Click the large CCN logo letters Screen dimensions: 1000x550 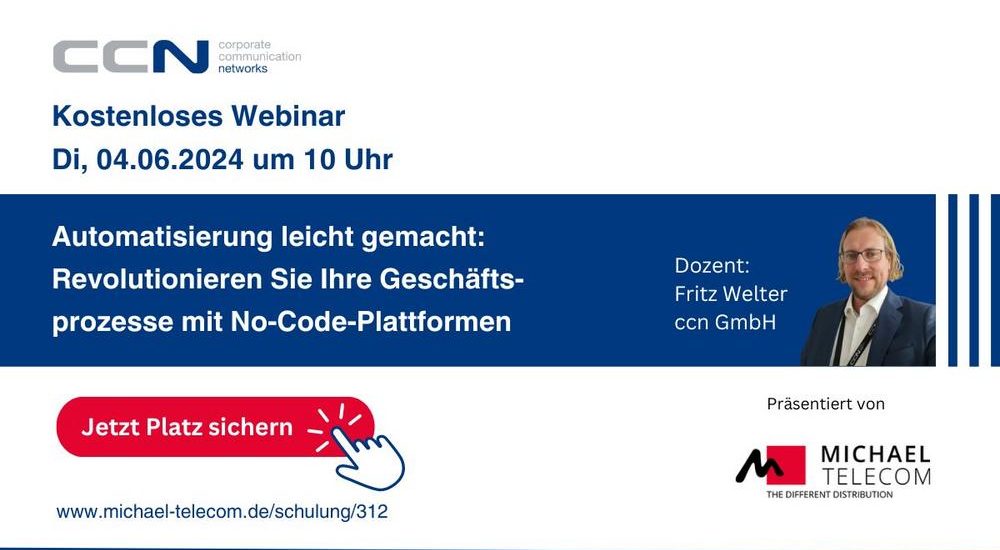click(131, 57)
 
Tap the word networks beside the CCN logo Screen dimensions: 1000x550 click(242, 68)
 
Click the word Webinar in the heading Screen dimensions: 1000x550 click(288, 116)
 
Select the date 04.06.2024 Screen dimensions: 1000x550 click(170, 160)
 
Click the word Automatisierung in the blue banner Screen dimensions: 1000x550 click(162, 237)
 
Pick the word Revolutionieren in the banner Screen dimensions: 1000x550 click(157, 279)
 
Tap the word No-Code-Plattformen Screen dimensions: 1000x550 click(371, 321)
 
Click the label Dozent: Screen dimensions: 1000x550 click(712, 265)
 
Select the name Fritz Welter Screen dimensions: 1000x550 click(731, 294)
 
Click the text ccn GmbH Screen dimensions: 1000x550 click(725, 322)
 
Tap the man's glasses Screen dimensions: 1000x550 click(863, 256)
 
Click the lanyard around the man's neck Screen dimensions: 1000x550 click(853, 341)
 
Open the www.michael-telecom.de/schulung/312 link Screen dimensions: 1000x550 click(222, 512)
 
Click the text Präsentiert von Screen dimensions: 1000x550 click(826, 403)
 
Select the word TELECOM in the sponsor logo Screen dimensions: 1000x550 click(876, 476)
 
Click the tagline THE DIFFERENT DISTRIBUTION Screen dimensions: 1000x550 click(829, 494)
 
